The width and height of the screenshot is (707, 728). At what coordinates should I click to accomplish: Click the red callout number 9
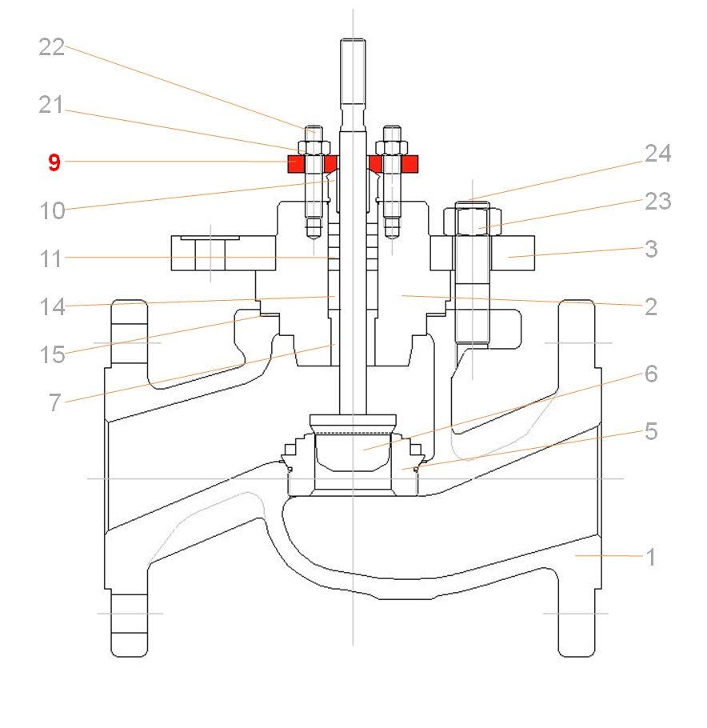(x=54, y=163)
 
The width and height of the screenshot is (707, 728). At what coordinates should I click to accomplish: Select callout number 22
(x=51, y=47)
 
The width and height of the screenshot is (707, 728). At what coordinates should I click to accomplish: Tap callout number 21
(x=51, y=105)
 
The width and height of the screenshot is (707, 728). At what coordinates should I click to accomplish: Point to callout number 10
(x=53, y=212)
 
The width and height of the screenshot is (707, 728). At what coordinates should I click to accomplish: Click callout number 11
(x=53, y=259)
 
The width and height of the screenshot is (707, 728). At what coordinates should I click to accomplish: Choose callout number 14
(x=53, y=307)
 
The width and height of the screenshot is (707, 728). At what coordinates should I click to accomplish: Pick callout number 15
(x=53, y=354)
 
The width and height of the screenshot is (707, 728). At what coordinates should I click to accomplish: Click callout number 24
(x=657, y=154)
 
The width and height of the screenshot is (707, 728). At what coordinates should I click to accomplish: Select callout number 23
(x=657, y=202)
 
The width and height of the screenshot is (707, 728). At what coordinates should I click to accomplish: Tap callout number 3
(x=651, y=249)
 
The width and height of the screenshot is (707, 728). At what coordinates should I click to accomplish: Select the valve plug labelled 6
(x=352, y=452)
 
